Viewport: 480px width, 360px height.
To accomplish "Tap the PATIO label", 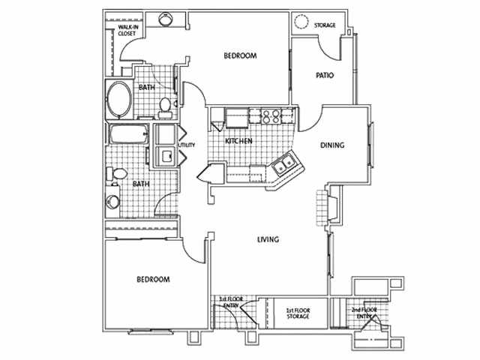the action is pyautogui.click(x=325, y=76).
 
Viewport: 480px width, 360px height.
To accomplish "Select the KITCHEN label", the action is pyautogui.click(x=238, y=141).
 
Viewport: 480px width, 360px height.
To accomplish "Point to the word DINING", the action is pyautogui.click(x=332, y=145).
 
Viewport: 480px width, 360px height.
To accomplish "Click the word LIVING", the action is pyautogui.click(x=268, y=240).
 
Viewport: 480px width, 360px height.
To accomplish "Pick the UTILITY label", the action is pyautogui.click(x=186, y=145).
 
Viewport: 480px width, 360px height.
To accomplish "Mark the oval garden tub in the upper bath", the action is pyautogui.click(x=118, y=99).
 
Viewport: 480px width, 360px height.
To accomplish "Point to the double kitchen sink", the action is pyautogui.click(x=283, y=166).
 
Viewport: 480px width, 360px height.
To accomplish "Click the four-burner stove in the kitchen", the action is pyautogui.click(x=268, y=116).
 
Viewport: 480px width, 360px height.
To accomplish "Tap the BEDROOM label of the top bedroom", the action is pyautogui.click(x=241, y=56).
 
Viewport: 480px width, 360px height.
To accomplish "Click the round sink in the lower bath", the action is pyautogui.click(x=112, y=202).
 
